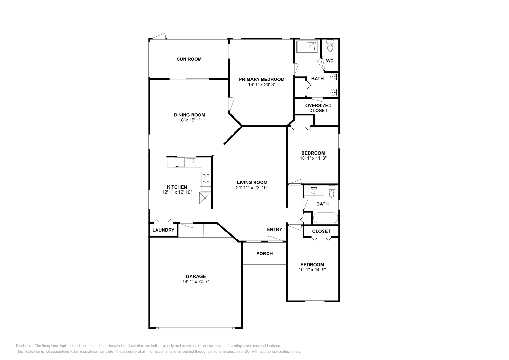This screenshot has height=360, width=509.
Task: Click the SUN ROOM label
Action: (189, 59)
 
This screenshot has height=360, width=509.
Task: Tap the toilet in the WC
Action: (330, 46)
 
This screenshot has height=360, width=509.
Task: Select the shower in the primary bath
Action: (307, 47)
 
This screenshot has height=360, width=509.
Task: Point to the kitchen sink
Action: (191, 162)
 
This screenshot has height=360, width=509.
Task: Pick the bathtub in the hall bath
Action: (325, 218)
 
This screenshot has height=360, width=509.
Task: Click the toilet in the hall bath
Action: (331, 192)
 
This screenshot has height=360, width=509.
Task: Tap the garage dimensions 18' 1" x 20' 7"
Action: (196, 282)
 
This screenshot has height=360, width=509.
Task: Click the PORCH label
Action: (264, 253)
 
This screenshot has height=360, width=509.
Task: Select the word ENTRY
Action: (274, 229)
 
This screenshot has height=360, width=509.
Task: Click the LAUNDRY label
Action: (163, 230)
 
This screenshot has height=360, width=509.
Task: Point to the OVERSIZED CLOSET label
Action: (318, 108)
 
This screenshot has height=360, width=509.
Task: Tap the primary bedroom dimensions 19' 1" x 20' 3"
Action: (261, 85)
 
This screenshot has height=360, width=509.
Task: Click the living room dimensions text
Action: (252, 188)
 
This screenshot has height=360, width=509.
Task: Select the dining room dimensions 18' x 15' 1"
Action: (189, 120)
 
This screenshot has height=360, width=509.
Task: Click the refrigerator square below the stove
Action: (205, 198)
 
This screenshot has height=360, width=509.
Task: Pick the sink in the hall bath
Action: (314, 190)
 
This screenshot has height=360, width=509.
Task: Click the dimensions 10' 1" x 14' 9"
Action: (312, 270)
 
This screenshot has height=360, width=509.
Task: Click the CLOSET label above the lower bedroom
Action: (321, 231)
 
